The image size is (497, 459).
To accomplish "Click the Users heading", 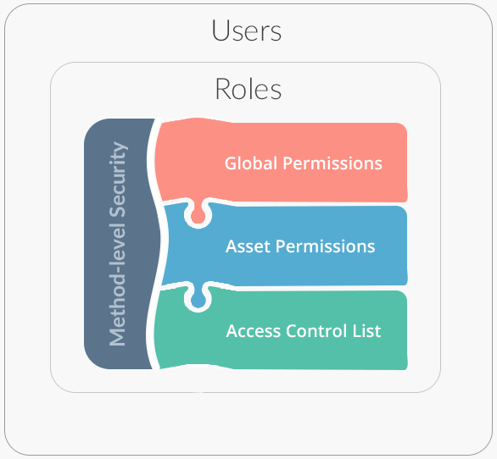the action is click(x=247, y=30).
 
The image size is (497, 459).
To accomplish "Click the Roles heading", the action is click(x=248, y=89).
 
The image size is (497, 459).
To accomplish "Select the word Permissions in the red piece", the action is click(x=332, y=163).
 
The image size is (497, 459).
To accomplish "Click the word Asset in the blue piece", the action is click(x=248, y=246).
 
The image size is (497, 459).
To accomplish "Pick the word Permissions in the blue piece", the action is click(x=325, y=246).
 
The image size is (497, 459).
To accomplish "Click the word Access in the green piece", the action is click(x=254, y=331).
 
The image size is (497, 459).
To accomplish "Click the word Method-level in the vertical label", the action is click(x=117, y=284).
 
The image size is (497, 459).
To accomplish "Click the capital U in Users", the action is click(x=220, y=30).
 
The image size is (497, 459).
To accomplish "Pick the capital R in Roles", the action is click(x=222, y=89).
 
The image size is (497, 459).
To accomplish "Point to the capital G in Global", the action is click(x=231, y=163).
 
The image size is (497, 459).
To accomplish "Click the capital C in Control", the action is click(x=292, y=331).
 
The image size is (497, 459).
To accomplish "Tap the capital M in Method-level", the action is click(x=117, y=336).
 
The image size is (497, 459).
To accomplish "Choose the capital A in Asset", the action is click(x=232, y=246).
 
